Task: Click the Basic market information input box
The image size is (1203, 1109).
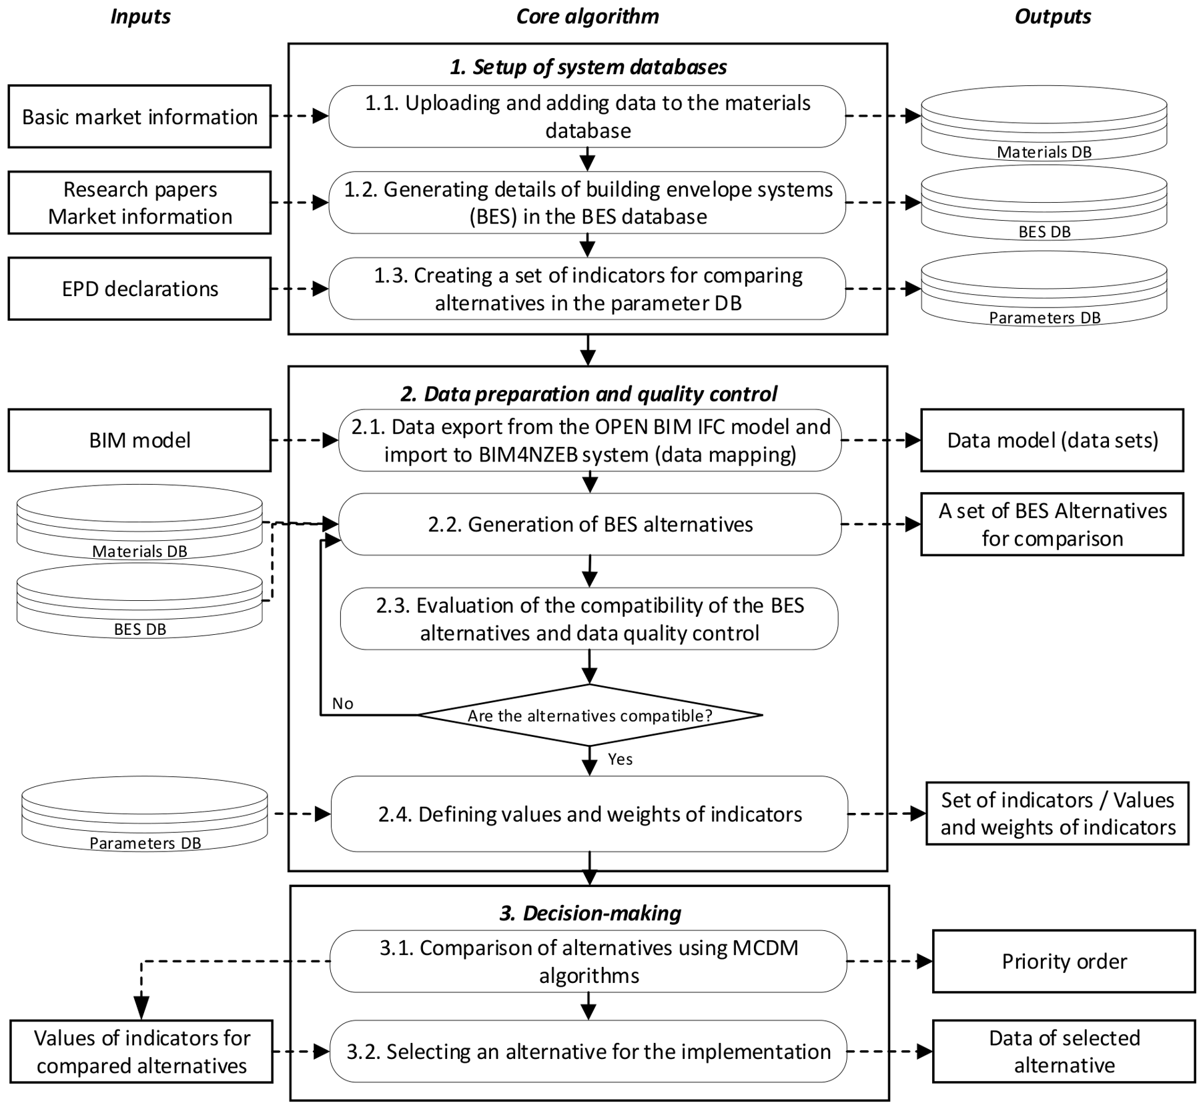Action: tap(139, 117)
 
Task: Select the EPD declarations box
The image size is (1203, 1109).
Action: tap(139, 289)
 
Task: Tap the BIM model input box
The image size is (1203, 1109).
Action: tap(139, 440)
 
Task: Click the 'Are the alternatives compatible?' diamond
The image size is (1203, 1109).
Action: tap(590, 716)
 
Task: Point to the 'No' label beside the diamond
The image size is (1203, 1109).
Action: tap(343, 704)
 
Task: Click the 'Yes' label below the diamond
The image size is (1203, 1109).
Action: tap(621, 760)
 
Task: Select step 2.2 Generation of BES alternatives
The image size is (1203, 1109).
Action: tap(590, 524)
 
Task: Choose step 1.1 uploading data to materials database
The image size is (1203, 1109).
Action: tap(587, 116)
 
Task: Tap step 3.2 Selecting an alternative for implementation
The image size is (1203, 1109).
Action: tap(588, 1052)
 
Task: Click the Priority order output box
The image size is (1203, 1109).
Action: tap(1064, 962)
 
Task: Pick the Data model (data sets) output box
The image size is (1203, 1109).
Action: tap(1052, 440)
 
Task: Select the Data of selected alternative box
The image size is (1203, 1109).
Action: tap(1064, 1052)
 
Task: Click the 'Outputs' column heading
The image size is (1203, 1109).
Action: tap(1053, 17)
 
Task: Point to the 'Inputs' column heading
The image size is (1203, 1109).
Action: tap(140, 17)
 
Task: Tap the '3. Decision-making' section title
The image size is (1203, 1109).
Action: tap(590, 913)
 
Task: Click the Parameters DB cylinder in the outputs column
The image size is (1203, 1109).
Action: tap(1044, 289)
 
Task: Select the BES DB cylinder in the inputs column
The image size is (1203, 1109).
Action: tap(139, 601)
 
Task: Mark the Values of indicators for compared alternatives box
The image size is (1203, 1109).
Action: tap(141, 1052)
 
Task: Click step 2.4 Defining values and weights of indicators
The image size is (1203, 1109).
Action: tap(590, 814)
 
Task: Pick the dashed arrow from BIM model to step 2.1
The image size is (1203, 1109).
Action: tap(305, 440)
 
